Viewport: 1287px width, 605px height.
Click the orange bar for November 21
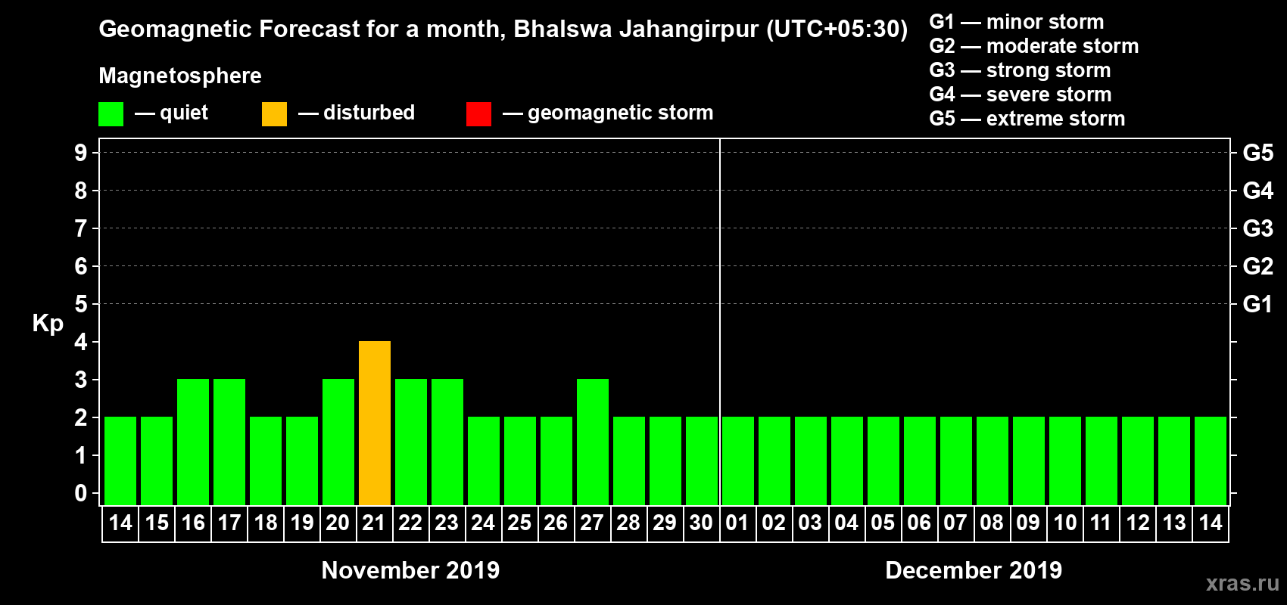coord(375,423)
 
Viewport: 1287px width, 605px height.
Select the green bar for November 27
coord(593,442)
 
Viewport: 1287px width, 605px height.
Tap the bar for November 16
coord(193,442)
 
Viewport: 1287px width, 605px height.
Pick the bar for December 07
coord(956,461)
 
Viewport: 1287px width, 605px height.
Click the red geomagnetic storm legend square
coord(478,114)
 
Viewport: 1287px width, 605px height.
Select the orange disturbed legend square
coord(274,114)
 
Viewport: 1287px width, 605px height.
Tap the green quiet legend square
coord(111,114)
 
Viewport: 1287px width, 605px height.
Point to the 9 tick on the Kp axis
coord(81,153)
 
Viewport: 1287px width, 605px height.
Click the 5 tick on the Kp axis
coord(81,304)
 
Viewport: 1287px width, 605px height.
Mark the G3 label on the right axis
coord(1257,228)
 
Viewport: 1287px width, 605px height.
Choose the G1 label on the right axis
coord(1257,304)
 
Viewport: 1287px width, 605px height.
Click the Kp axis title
coord(48,324)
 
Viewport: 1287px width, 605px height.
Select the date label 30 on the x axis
coord(701,523)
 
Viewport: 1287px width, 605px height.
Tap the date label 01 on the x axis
coord(737,523)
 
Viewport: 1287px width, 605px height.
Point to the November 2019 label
coord(410,570)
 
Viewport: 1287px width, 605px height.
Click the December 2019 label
coord(974,570)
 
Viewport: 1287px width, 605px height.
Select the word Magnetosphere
coord(180,76)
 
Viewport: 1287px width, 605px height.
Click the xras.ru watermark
coord(1242,583)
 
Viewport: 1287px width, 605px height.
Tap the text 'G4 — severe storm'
coord(1020,95)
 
